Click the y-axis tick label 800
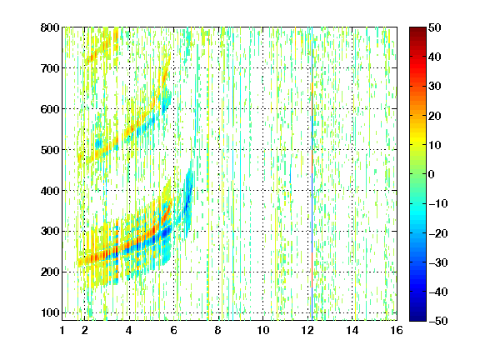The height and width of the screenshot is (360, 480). [x=50, y=27]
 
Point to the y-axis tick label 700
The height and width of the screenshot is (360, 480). [x=50, y=68]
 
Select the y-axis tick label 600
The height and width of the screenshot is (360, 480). [x=50, y=109]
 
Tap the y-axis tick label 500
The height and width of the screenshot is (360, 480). [x=50, y=150]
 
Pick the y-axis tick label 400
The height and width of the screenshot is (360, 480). [x=50, y=191]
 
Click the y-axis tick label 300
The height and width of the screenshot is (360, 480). [x=50, y=231]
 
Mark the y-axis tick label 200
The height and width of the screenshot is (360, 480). [x=50, y=272]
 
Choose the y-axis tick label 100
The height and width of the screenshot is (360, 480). [x=50, y=312]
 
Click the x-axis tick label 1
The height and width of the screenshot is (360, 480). [x=62, y=330]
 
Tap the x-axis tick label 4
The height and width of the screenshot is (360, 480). [x=129, y=330]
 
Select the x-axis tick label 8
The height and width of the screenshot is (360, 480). [x=218, y=330]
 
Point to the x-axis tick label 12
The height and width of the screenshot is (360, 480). [x=307, y=330]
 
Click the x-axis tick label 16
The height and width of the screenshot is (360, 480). [x=397, y=330]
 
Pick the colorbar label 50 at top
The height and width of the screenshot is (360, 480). [x=435, y=27]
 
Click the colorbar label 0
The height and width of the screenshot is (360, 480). [x=432, y=174]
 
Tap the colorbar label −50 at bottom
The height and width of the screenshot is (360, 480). [x=438, y=321]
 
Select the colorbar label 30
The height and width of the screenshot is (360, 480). [x=435, y=86]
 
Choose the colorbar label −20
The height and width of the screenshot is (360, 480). [x=438, y=233]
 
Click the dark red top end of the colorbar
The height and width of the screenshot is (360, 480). [x=417, y=29]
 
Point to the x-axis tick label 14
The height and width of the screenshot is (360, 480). [x=352, y=330]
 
